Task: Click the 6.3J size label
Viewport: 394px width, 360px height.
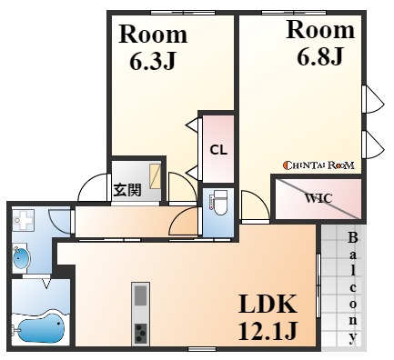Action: [153, 61]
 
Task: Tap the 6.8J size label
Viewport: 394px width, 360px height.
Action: [319, 56]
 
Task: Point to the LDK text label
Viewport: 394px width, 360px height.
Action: [268, 304]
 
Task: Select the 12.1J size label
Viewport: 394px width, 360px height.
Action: [268, 331]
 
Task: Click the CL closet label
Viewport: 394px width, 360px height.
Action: [218, 150]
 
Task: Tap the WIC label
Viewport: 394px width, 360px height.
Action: [318, 198]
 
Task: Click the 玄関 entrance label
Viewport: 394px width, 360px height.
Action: [127, 190]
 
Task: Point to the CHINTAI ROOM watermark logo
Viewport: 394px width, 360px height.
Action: [318, 165]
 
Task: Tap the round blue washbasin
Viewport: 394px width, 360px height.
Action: [22, 258]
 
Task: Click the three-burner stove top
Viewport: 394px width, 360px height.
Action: [141, 333]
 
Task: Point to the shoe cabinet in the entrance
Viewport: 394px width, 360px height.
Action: [155, 176]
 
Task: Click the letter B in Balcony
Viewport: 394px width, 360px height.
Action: [353, 238]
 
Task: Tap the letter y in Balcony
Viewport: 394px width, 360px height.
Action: [352, 337]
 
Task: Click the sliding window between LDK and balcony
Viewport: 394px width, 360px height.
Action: [318, 285]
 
